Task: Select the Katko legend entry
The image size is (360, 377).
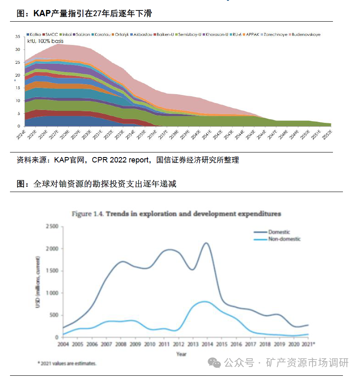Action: (x=35, y=35)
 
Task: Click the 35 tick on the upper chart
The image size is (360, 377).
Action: (x=17, y=37)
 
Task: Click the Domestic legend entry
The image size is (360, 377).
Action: (x=279, y=232)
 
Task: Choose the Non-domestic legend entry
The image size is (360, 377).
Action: (x=284, y=239)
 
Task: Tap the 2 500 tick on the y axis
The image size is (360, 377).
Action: (x=52, y=226)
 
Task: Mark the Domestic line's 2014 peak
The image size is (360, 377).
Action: (x=206, y=243)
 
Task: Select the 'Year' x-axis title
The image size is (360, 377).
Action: (x=181, y=354)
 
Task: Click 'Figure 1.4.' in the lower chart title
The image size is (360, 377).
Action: (x=88, y=214)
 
